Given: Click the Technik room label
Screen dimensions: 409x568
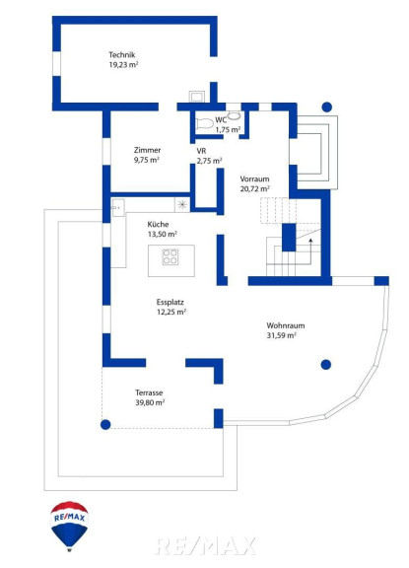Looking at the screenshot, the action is [x=122, y=54].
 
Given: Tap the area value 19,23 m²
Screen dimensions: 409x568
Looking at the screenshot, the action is [x=123, y=65].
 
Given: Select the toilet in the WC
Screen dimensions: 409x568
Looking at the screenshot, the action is [x=204, y=124].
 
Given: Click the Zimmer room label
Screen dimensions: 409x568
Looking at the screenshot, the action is [x=147, y=150].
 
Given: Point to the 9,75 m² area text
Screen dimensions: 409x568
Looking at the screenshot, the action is [x=147, y=160].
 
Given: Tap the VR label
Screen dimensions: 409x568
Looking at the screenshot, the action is [x=201, y=151].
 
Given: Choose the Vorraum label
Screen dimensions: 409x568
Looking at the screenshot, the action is [x=254, y=178].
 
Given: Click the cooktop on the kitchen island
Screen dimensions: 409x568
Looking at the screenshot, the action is [x=170, y=256].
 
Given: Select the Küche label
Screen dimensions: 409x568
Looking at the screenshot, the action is [x=158, y=224].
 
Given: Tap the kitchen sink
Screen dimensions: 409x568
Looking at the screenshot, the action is [x=118, y=208].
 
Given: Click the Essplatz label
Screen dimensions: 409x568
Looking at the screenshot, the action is [x=170, y=302].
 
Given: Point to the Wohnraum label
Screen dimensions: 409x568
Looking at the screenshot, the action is [x=286, y=325].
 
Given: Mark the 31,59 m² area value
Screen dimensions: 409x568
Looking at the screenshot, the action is [x=282, y=335].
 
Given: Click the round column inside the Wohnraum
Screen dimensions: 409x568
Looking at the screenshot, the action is [x=326, y=365].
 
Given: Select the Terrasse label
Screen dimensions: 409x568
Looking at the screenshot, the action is [x=149, y=392].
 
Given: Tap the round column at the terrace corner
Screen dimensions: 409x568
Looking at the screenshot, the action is [x=105, y=425].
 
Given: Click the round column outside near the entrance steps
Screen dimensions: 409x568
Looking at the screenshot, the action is [x=327, y=106].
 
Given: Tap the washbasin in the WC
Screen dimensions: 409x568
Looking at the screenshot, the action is [x=235, y=115].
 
